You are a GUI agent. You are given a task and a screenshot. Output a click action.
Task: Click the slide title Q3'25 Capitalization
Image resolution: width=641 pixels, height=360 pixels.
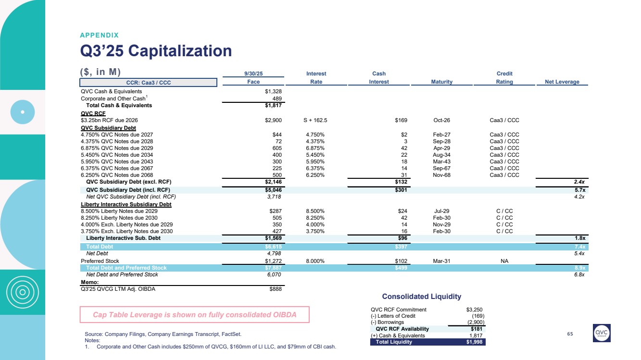click(156, 50)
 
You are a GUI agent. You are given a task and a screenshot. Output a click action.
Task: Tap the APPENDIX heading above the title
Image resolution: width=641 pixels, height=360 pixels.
click(99, 35)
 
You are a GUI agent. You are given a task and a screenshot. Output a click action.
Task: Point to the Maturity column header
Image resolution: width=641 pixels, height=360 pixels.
click(441, 82)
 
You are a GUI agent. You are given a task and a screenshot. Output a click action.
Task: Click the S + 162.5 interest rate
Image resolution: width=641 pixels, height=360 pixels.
click(316, 120)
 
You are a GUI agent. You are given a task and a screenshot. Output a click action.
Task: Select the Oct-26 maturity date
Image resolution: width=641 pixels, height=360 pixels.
click(441, 120)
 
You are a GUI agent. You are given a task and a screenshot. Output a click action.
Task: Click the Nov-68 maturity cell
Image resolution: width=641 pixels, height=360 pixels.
click(441, 175)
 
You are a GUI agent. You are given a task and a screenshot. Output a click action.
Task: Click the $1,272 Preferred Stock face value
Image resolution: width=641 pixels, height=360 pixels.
click(273, 261)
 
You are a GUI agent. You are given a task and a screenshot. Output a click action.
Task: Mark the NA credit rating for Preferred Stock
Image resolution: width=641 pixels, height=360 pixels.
click(504, 261)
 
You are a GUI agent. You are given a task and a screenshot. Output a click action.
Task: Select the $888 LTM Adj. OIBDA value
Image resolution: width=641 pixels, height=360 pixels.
click(275, 289)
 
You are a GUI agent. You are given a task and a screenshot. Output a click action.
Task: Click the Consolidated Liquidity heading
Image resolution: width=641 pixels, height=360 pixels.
click(421, 297)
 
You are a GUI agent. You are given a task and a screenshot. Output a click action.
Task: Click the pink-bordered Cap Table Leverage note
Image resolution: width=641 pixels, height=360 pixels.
click(194, 314)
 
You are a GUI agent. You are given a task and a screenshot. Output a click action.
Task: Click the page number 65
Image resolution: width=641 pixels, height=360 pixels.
click(570, 334)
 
